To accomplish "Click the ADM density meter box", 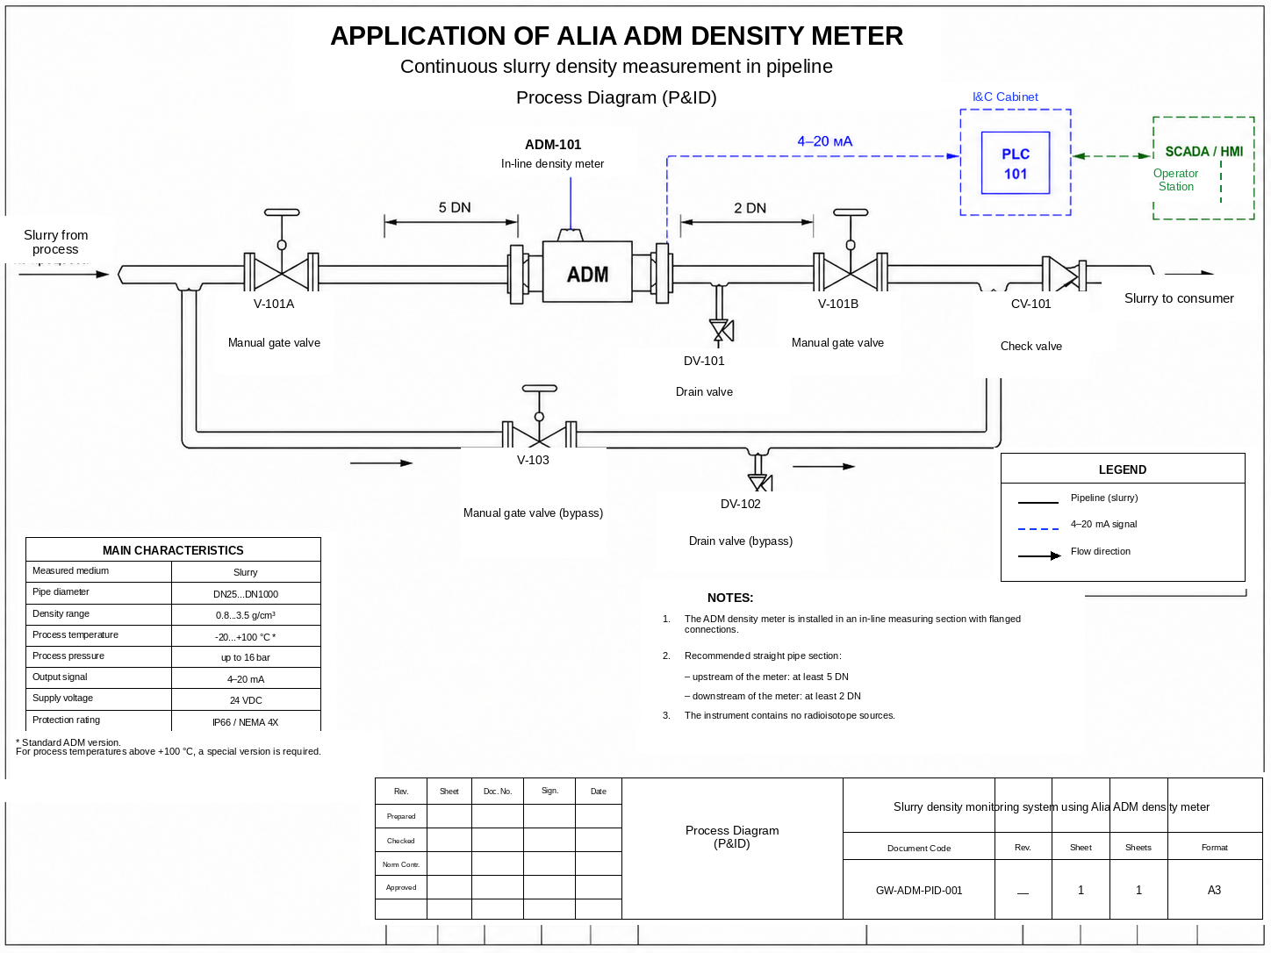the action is pyautogui.click(x=587, y=272).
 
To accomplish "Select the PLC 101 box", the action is pyautogui.click(x=1015, y=162).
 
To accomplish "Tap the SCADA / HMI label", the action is pyautogui.click(x=1203, y=152).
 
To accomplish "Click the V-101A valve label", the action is pyautogui.click(x=274, y=304).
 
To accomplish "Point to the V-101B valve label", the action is pyautogui.click(x=838, y=304).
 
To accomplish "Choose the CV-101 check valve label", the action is pyautogui.click(x=1030, y=304).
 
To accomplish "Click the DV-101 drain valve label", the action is pyautogui.click(x=704, y=361).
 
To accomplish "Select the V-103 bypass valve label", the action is pyautogui.click(x=533, y=460).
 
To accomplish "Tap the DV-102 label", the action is pyautogui.click(x=741, y=504).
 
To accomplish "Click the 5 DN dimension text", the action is pyautogui.click(x=455, y=208).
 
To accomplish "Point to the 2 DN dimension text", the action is pyautogui.click(x=750, y=208).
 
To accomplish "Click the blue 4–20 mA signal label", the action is pyautogui.click(x=824, y=141).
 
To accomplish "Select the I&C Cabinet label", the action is pyautogui.click(x=1005, y=97).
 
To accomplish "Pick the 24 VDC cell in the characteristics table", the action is pyautogui.click(x=246, y=700).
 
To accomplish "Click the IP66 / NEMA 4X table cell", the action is pyautogui.click(x=246, y=722).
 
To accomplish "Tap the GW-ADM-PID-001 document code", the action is pyautogui.click(x=919, y=891).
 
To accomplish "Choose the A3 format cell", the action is pyautogui.click(x=1214, y=890).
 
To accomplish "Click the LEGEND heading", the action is pyautogui.click(x=1122, y=469).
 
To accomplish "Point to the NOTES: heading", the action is pyautogui.click(x=730, y=598).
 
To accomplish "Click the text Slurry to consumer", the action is pyautogui.click(x=1179, y=298).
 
